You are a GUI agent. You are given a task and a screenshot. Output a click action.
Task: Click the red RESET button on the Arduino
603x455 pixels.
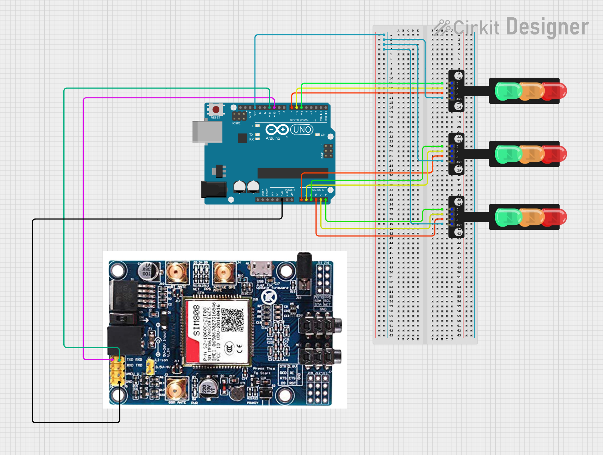point(216,109)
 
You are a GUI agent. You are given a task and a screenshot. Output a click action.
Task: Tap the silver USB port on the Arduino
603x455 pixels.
point(207,132)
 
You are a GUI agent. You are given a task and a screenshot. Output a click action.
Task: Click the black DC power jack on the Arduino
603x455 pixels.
point(214,189)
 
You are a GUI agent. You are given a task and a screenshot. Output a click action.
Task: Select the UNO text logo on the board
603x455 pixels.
point(302,129)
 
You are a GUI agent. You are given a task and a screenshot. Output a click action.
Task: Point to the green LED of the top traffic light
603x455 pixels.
point(508,91)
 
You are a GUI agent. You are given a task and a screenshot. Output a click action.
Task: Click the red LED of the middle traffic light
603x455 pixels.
point(555,154)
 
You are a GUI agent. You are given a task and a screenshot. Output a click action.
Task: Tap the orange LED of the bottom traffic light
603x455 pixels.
point(531,217)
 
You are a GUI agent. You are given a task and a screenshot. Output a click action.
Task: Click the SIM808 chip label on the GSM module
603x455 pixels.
point(196,320)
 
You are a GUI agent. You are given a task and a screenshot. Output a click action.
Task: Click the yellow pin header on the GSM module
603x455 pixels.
point(118,371)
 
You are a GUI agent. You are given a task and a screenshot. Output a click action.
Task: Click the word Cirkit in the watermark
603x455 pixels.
point(476,27)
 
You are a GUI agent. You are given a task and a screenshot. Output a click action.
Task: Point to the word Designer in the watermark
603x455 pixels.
point(547,27)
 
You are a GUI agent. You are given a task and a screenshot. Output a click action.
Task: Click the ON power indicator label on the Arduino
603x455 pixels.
point(323,135)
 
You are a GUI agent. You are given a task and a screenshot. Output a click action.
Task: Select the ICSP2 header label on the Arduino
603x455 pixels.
point(236,123)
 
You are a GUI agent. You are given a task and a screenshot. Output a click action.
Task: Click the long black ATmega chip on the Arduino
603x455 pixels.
point(293,173)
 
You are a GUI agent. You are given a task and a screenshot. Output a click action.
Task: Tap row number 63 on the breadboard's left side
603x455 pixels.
point(391,335)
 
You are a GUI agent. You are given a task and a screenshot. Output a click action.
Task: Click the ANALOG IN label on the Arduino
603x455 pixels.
point(317,190)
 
